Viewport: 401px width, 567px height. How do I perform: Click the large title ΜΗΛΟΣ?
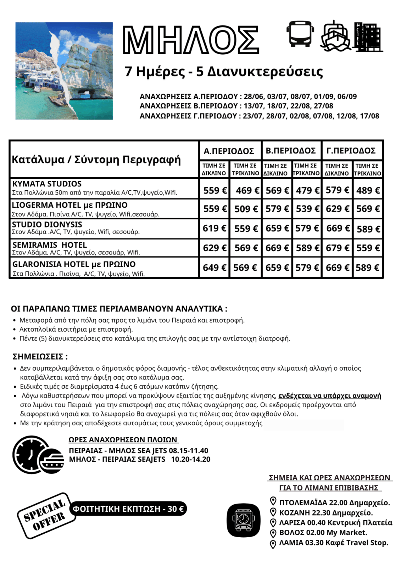(191, 40)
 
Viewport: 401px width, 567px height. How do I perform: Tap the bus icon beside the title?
(300, 34)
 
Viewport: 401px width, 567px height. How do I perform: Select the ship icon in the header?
(335, 35)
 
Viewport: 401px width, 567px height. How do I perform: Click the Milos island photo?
(64, 71)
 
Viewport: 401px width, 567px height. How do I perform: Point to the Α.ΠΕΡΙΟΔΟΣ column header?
(229, 151)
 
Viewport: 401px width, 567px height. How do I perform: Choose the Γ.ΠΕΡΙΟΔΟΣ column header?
(351, 151)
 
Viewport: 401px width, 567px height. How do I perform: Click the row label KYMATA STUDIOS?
(47, 184)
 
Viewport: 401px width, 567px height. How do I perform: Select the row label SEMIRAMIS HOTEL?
(50, 245)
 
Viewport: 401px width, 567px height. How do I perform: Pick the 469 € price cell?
(247, 191)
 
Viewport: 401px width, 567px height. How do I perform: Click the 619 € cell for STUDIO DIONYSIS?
(215, 228)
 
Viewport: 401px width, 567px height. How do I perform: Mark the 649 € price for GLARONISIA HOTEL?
(215, 268)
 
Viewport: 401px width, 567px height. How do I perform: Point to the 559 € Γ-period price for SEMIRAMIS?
(368, 248)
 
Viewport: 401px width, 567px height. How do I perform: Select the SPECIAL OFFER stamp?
(46, 516)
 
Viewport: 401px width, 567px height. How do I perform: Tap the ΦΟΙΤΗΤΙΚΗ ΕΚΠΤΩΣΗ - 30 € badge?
(128, 509)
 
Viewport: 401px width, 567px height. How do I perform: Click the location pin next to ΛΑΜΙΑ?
(273, 544)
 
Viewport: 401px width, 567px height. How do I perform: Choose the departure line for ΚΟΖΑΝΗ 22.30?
(326, 513)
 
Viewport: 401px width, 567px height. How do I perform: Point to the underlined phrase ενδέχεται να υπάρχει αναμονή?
(330, 395)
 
